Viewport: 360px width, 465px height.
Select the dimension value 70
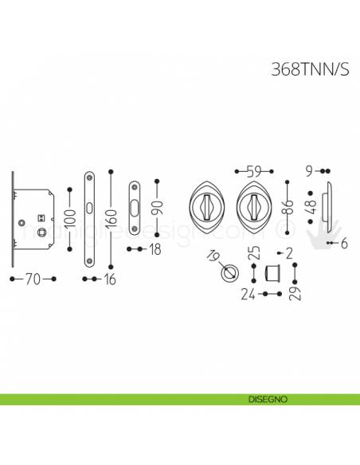tap(32, 279)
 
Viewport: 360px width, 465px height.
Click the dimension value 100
tap(70, 215)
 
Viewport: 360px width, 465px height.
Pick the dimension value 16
tap(111, 279)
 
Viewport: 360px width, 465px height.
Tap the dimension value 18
tap(155, 250)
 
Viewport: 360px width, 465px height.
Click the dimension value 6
tap(346, 243)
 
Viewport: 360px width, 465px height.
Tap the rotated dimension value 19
tap(212, 256)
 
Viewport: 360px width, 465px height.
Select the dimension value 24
tap(247, 295)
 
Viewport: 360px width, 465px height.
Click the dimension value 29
tap(295, 294)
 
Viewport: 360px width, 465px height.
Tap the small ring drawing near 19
tap(227, 272)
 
